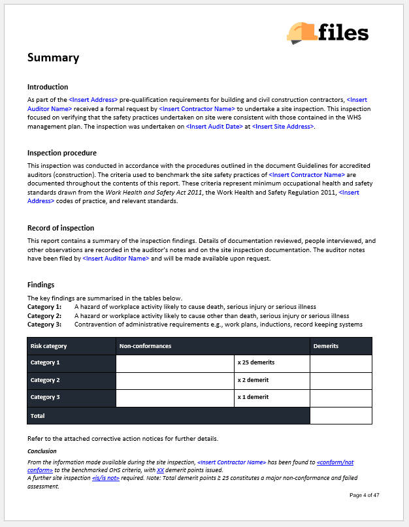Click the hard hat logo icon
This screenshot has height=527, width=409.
point(302,33)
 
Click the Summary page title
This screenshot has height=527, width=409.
point(53,57)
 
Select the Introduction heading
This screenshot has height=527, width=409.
point(48,87)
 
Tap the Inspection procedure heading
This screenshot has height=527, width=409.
point(62,153)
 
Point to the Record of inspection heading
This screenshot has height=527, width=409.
point(61,228)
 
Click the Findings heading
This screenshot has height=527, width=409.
point(41,285)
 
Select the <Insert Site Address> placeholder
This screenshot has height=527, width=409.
point(283,127)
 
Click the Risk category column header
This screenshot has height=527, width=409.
point(49,346)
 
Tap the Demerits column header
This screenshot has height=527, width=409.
point(326,346)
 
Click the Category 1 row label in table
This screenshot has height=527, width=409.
point(45,362)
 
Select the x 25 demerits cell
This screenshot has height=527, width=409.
point(256,362)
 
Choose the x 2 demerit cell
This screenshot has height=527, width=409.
point(253,380)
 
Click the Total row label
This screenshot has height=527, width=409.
point(38,415)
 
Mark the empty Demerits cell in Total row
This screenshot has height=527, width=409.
point(340,415)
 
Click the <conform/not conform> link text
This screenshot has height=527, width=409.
point(335,462)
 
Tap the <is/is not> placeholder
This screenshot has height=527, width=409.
point(106,478)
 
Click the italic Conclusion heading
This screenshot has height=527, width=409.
point(42,451)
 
